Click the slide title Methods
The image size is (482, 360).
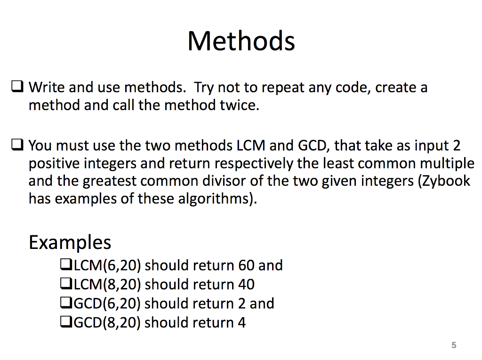241,41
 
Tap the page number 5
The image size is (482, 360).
454,345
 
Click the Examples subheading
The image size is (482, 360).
70,242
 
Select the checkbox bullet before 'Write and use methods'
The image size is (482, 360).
17,87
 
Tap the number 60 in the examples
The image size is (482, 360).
246,265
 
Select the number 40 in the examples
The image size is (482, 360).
246,284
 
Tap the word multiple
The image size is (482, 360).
447,164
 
